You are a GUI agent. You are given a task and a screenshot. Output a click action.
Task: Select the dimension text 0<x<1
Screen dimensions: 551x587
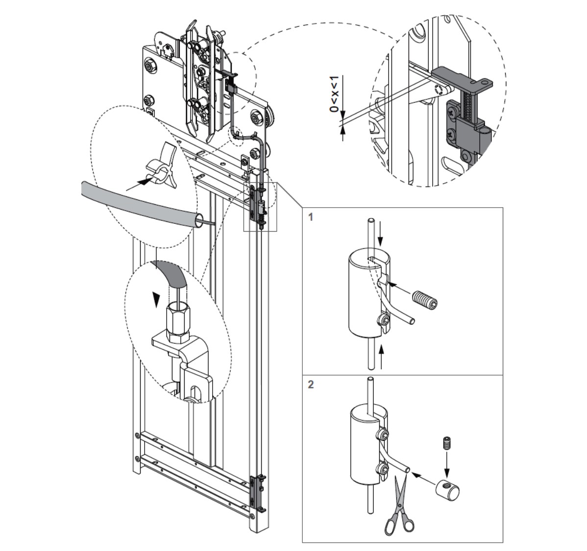[x=334, y=94]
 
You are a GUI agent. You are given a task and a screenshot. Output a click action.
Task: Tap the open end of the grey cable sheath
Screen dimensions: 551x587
[x=198, y=220]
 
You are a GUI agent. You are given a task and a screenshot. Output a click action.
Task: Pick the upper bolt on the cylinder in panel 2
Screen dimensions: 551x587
[x=383, y=435]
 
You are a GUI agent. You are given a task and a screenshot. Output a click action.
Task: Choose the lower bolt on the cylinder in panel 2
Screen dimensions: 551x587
[x=382, y=469]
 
